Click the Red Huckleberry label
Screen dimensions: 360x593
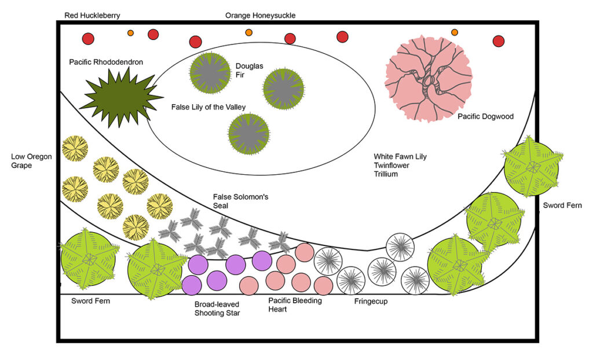(x=93, y=16)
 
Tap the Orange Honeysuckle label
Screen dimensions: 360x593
(x=260, y=16)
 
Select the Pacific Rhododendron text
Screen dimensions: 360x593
(x=105, y=62)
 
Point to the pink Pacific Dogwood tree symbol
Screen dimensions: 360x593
(x=429, y=78)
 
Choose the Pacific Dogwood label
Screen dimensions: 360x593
(x=485, y=116)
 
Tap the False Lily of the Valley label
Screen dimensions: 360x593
(x=208, y=107)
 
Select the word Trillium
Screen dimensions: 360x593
(x=386, y=174)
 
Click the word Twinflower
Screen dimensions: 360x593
(x=393, y=165)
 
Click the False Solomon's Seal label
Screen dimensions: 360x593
(x=240, y=201)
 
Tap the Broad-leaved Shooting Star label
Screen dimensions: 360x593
(x=217, y=308)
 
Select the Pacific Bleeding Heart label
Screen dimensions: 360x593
(x=295, y=304)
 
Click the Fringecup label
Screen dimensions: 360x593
(x=371, y=302)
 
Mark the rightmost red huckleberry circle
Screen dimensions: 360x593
(x=498, y=41)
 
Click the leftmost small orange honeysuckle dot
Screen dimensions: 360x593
(x=130, y=33)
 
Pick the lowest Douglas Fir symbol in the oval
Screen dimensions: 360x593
(x=249, y=134)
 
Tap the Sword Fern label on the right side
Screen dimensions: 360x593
(x=562, y=205)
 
